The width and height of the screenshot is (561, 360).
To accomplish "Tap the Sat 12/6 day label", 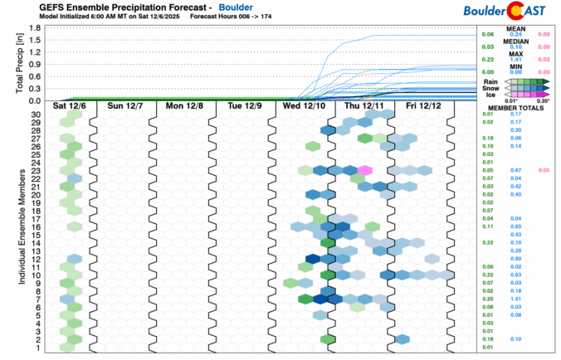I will click(x=67, y=106).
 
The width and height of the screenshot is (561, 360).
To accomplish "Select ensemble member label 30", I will click(x=37, y=114).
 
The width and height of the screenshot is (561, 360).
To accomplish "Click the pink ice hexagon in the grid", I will click(x=365, y=170).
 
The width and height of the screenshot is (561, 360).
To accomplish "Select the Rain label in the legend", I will click(x=490, y=82).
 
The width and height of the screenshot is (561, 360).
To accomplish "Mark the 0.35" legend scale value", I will click(x=544, y=100).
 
